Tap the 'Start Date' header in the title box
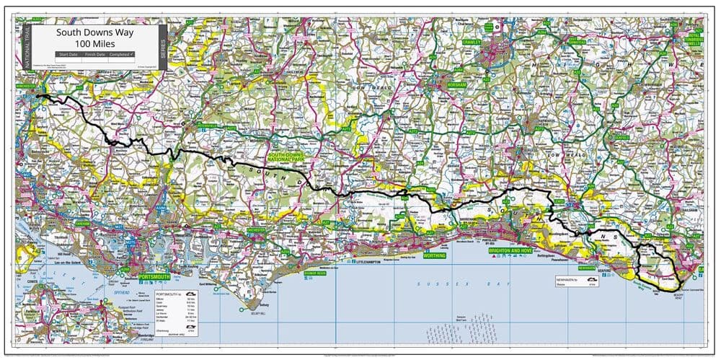coord(68,54)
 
